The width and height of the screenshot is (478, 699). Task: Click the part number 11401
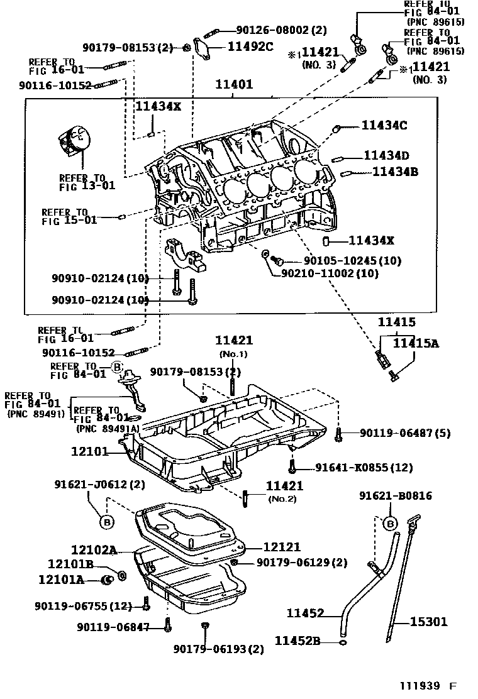pos(234,84)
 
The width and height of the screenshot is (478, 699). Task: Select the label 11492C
pos(250,45)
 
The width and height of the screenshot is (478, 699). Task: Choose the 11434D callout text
pos(386,156)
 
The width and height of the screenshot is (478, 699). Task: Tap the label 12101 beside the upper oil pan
pos(91,451)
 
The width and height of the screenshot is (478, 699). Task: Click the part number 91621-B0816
pos(396,496)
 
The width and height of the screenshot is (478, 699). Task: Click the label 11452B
pos(297,641)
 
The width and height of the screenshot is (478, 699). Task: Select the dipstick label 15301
pos(429,622)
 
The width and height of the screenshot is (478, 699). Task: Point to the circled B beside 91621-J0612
pos(106,521)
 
